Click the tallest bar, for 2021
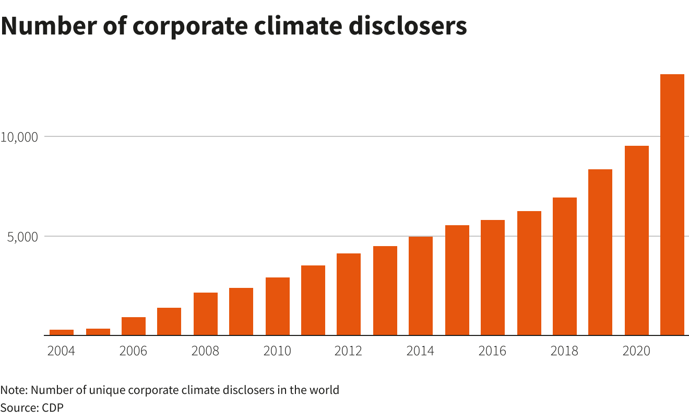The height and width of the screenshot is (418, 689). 672,204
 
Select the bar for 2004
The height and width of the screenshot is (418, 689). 62,332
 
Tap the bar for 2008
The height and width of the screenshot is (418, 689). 206,313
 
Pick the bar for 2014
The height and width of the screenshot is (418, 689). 421,286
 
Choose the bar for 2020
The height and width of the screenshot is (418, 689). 636,240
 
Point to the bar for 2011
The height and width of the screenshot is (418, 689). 313,300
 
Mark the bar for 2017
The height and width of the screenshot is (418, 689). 529,273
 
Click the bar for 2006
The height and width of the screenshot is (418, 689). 134,326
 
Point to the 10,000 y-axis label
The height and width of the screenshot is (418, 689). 19,137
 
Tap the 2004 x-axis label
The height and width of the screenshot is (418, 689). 61,351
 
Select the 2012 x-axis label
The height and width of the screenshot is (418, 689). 348,351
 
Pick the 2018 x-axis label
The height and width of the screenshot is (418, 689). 564,351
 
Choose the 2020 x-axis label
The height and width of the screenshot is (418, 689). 636,351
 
